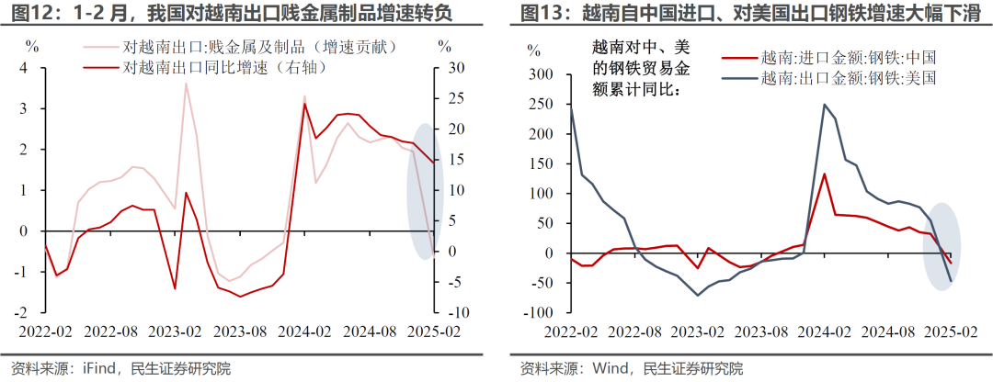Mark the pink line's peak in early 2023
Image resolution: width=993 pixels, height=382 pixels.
coord(186,84)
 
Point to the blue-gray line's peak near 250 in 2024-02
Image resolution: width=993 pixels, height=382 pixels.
coord(824,105)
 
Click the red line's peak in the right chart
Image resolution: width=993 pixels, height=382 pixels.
coord(824,174)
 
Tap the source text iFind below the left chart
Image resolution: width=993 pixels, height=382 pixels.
coord(105,369)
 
